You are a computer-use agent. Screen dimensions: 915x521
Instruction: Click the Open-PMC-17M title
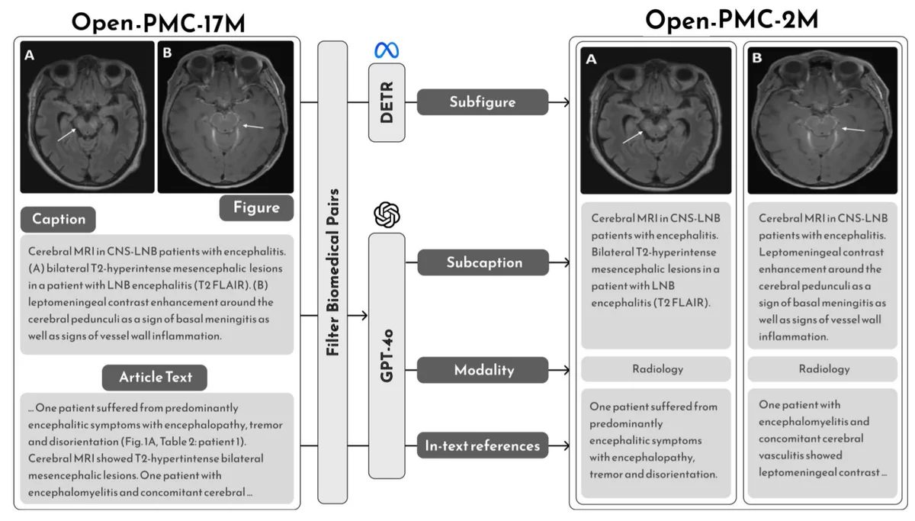pos(159,23)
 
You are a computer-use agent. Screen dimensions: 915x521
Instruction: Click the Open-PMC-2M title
pos(731,20)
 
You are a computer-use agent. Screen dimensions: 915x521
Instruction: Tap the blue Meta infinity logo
pos(387,50)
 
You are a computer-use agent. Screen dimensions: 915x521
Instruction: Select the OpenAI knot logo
pos(387,214)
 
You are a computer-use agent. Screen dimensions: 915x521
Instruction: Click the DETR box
pos(387,102)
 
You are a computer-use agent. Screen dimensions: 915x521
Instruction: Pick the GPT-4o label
pos(387,356)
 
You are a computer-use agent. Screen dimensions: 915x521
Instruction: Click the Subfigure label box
pos(483,101)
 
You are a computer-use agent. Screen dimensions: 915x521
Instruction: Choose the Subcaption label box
pos(483,262)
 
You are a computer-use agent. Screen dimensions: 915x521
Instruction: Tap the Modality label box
pos(483,370)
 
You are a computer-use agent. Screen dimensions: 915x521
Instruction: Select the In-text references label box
pos(483,445)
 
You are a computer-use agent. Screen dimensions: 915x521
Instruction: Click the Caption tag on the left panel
pos(59,220)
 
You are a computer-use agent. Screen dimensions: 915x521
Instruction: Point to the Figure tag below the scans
pos(256,207)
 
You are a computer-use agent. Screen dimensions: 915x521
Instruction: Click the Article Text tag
pos(155,377)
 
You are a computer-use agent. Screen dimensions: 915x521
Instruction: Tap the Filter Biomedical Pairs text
pos(332,272)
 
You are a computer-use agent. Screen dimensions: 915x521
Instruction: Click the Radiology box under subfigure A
pos(656,369)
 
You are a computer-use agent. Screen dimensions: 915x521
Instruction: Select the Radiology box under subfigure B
pos(823,369)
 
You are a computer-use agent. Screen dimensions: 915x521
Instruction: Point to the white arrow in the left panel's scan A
pos(66,135)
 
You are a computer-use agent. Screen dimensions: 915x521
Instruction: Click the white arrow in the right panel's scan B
pos(853,130)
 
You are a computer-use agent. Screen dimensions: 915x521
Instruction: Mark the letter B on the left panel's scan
pos(167,53)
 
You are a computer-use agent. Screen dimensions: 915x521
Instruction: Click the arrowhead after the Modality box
pos(567,370)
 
